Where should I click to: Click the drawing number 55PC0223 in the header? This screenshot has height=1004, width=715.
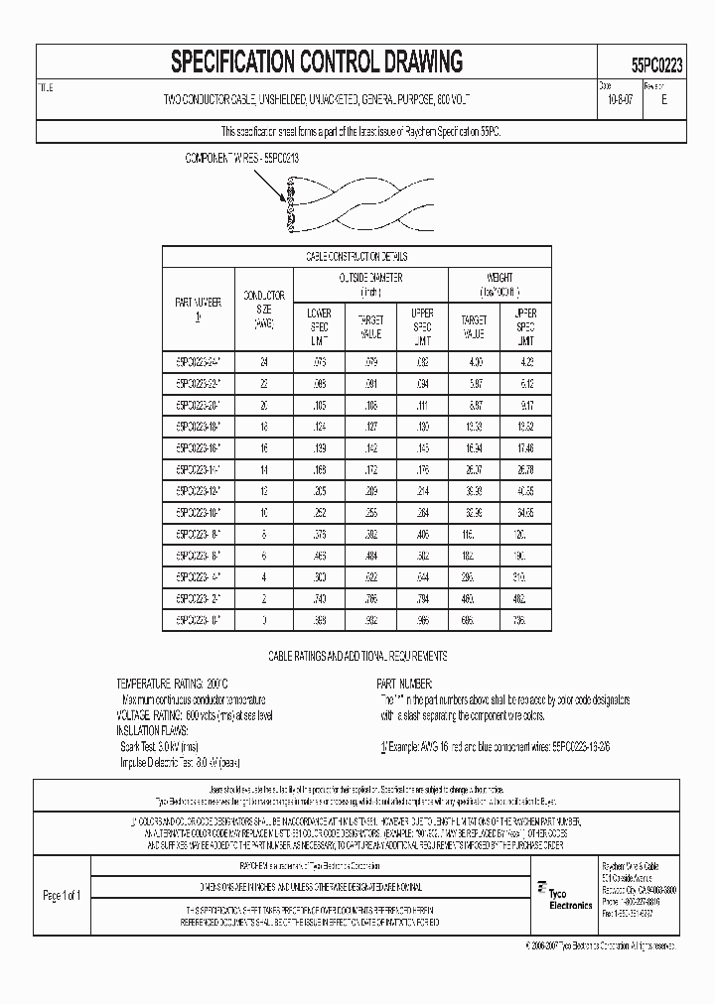pos(655,63)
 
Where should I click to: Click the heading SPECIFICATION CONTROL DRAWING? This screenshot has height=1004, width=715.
pos(317,63)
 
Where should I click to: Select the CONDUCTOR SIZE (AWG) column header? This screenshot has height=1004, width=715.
pos(263,309)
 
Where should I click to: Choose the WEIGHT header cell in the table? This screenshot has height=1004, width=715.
pos(500,285)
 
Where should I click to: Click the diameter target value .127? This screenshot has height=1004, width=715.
pos(370,425)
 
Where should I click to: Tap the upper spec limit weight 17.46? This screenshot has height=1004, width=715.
pos(526,446)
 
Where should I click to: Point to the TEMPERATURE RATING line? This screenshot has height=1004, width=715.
pos(173,685)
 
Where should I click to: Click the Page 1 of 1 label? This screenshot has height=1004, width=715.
pos(62,896)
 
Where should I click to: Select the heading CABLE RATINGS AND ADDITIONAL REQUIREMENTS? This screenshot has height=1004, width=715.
pos(358,657)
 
